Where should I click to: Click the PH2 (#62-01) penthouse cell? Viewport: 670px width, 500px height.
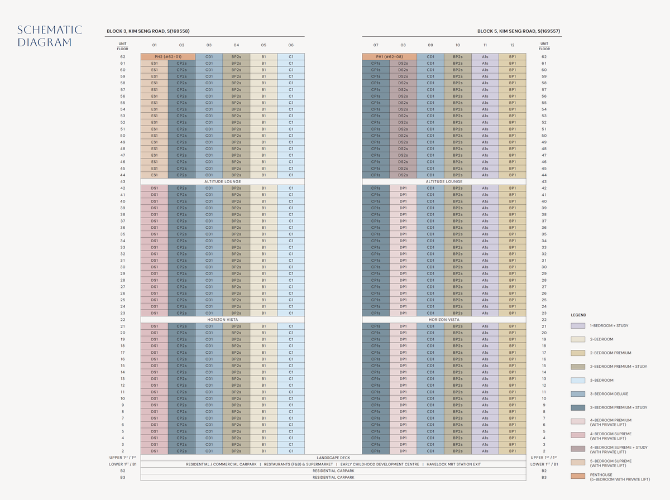(x=167, y=57)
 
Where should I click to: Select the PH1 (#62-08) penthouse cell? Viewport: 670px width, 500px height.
(x=389, y=57)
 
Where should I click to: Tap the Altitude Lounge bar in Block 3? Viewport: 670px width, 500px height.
(x=222, y=181)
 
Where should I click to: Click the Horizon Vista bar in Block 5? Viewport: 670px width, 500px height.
(x=444, y=319)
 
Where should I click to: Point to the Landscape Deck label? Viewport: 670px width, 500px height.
(x=333, y=458)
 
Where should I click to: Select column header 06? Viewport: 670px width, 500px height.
(x=291, y=45)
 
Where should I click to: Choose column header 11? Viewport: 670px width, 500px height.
(x=485, y=45)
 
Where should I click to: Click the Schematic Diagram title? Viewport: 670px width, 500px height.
(x=49, y=36)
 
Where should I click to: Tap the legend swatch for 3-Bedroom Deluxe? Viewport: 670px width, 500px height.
(x=577, y=394)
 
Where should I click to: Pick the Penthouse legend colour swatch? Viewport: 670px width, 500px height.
(x=577, y=476)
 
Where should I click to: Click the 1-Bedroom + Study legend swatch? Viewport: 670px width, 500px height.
(x=577, y=325)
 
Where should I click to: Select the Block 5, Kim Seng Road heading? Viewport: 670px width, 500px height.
(x=519, y=31)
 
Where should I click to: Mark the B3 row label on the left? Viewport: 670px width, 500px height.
(x=123, y=478)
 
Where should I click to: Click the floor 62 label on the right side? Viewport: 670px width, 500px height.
(x=544, y=57)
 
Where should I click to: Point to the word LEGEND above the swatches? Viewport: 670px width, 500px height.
(x=578, y=315)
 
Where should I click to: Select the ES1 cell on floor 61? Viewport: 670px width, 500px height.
(x=154, y=64)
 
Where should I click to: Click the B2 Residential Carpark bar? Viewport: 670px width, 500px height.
(x=333, y=471)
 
